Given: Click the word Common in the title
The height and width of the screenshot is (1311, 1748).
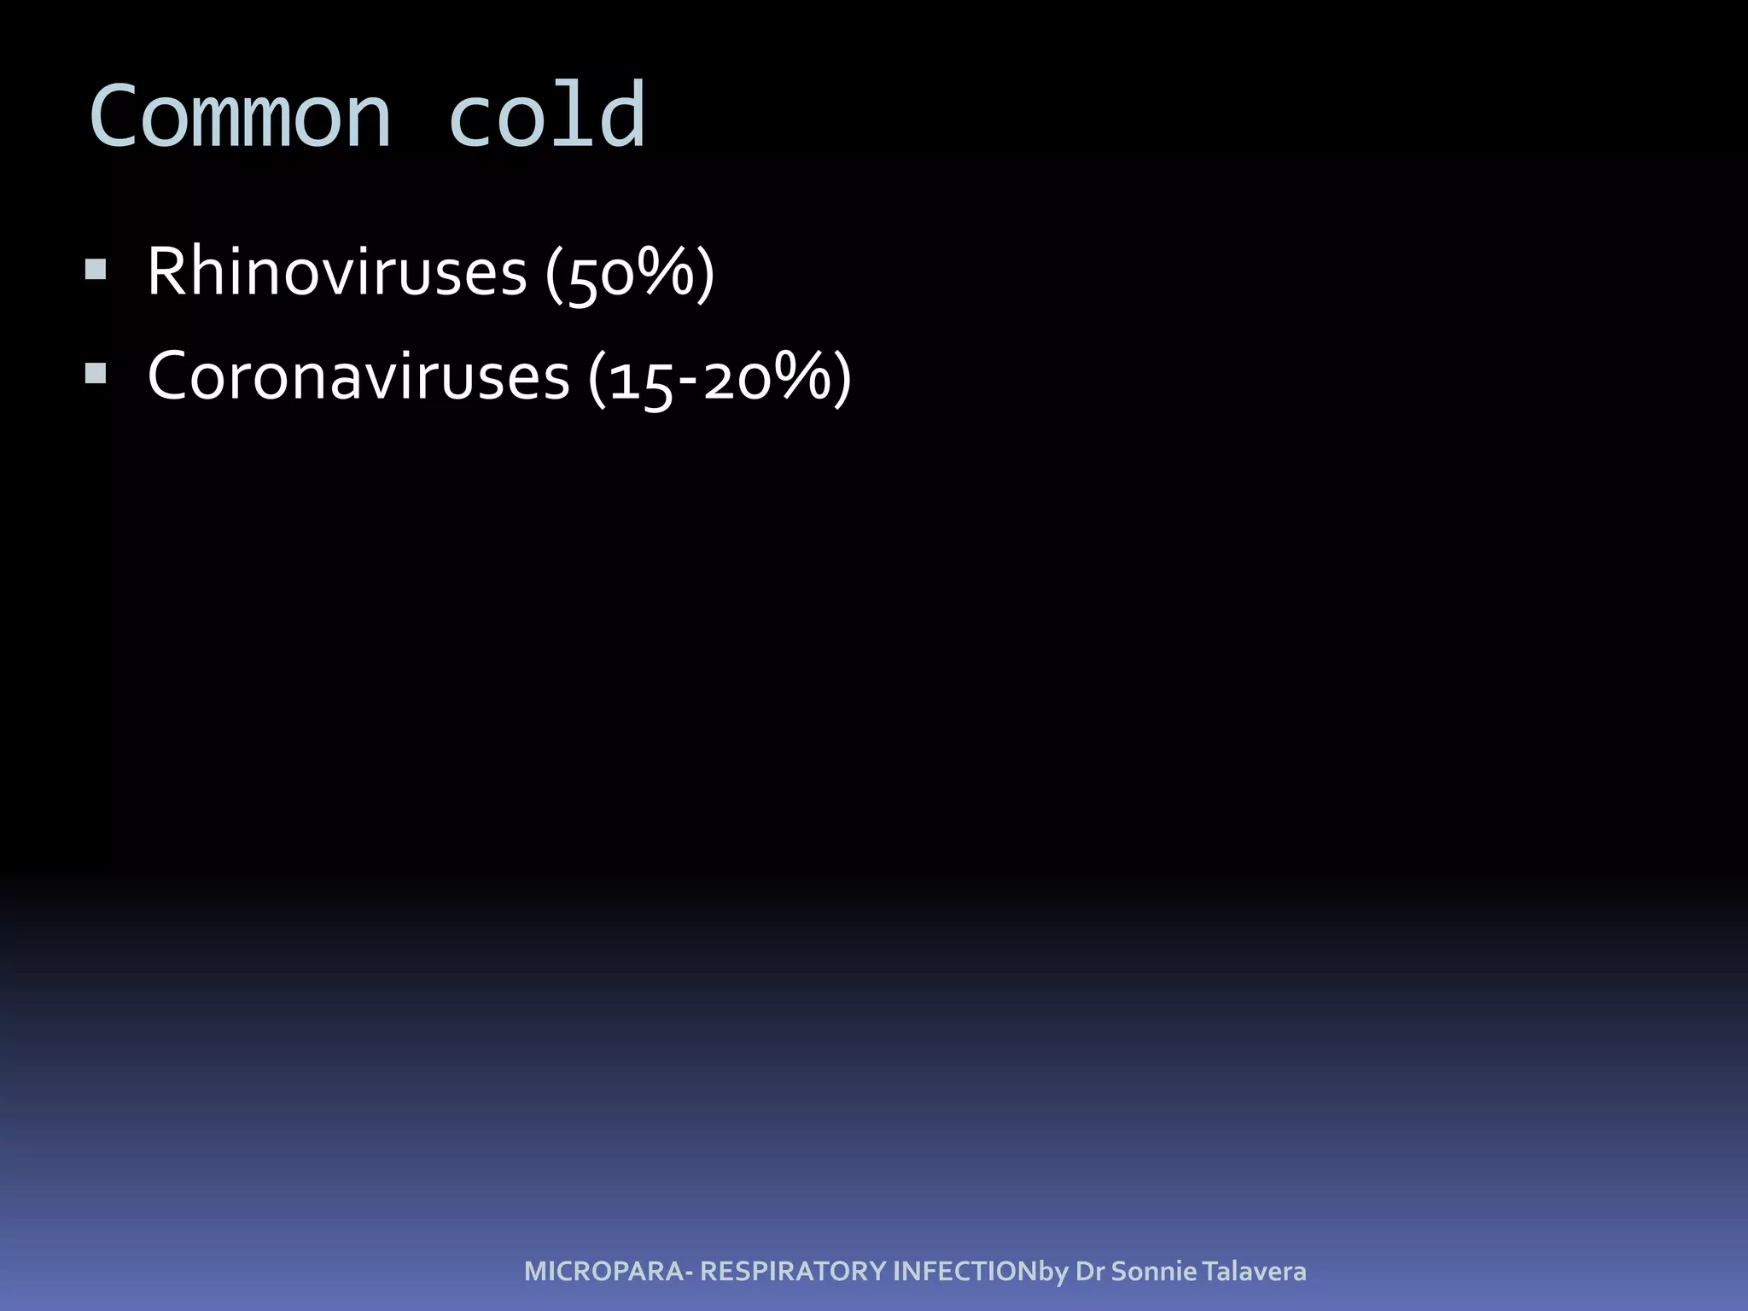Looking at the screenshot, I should click(x=240, y=117).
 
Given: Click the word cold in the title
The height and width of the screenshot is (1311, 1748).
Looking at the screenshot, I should click(x=546, y=117).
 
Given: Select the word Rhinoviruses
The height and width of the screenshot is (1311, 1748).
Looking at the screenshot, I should click(x=337, y=272).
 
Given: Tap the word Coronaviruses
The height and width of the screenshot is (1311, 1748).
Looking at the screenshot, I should click(x=358, y=376).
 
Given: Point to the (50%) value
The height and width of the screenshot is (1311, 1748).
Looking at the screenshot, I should click(x=630, y=274).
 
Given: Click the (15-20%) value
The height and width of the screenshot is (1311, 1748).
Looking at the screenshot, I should click(x=720, y=378).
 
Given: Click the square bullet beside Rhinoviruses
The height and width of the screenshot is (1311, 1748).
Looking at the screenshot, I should click(x=96, y=271).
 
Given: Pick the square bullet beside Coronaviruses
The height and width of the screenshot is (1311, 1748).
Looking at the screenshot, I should click(x=96, y=374).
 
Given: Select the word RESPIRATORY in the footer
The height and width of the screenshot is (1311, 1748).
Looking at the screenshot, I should click(x=793, y=1272).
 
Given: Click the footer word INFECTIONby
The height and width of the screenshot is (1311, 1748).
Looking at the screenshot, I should click(x=981, y=1272).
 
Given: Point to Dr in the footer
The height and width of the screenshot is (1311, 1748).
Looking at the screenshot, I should click(x=1090, y=1272).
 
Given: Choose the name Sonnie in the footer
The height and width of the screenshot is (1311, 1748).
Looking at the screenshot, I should click(x=1154, y=1272).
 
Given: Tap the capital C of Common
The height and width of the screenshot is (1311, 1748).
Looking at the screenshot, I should click(x=114, y=117).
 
